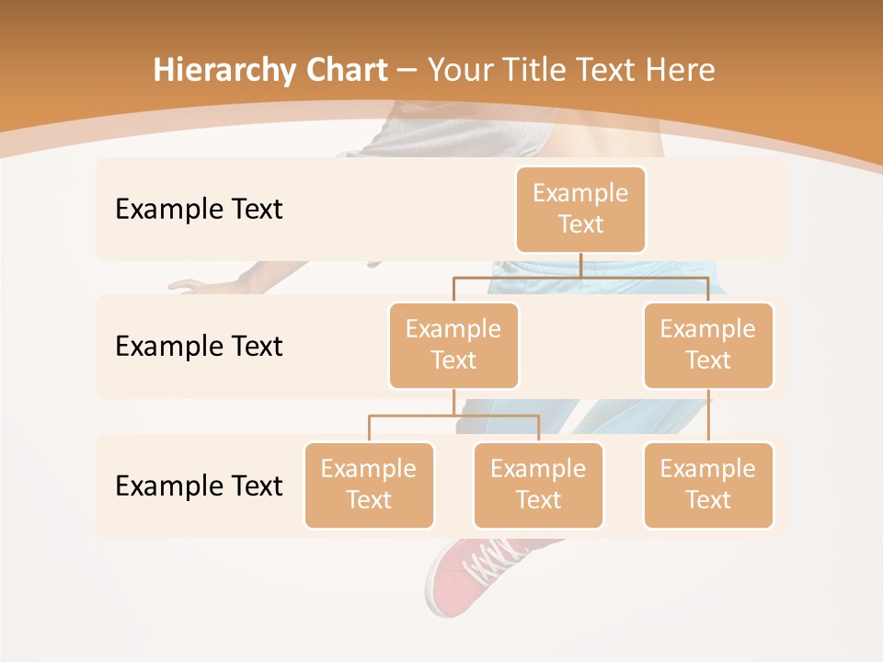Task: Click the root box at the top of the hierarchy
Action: [580, 209]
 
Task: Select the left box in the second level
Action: [453, 345]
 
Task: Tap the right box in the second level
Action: [708, 345]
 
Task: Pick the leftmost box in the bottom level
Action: [369, 485]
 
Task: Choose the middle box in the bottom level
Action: [538, 485]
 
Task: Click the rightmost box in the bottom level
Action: [708, 485]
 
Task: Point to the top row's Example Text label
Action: [199, 209]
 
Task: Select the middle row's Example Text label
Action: [199, 346]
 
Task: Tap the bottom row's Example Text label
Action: [199, 485]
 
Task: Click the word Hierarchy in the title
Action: [224, 71]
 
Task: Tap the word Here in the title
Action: [679, 70]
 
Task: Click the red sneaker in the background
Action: [469, 575]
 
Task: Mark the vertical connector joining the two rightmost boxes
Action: [708, 416]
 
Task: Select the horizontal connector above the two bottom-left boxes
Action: [453, 416]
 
